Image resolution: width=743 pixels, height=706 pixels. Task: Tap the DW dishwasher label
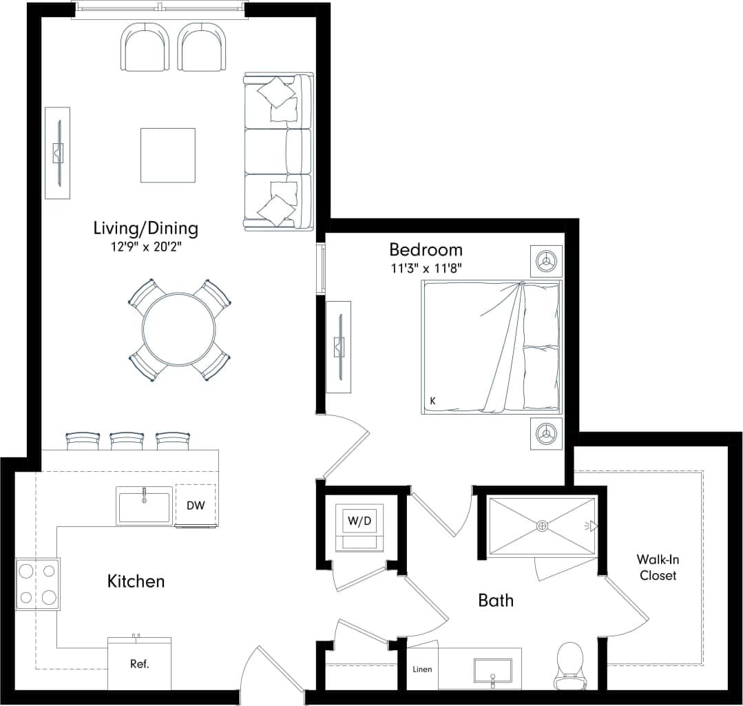[x=196, y=506]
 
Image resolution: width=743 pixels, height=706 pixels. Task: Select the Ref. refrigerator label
[x=140, y=665]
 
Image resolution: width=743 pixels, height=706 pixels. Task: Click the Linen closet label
[x=423, y=669]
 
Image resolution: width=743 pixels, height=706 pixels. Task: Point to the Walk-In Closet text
[x=658, y=568]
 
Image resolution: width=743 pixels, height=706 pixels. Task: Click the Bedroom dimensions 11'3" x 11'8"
[x=425, y=267]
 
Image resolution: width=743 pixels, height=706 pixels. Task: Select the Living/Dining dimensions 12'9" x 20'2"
[x=145, y=246]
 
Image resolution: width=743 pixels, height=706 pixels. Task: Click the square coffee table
[x=168, y=155]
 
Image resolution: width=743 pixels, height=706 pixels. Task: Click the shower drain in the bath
[x=543, y=526]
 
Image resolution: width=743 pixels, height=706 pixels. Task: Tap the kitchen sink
[x=144, y=506]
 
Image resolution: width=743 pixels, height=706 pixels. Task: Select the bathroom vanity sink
[x=493, y=672]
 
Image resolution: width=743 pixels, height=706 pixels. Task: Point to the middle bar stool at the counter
[x=127, y=441]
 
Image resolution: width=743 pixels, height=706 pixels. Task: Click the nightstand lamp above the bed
[x=546, y=261]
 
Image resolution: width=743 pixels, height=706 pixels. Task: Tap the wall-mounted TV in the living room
[x=59, y=153]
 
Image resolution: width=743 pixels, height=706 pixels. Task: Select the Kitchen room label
[x=136, y=581]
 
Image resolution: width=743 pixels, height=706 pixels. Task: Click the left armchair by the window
[x=145, y=46]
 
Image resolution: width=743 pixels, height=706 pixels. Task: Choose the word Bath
[x=496, y=600]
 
